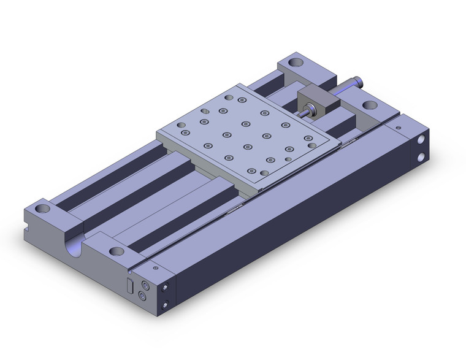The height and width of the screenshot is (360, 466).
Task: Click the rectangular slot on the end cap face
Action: (129, 285)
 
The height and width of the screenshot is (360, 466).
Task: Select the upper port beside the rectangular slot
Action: (145, 285)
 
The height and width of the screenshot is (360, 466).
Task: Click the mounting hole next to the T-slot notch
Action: (44, 209)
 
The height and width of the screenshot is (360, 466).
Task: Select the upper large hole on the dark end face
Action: (422, 140)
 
